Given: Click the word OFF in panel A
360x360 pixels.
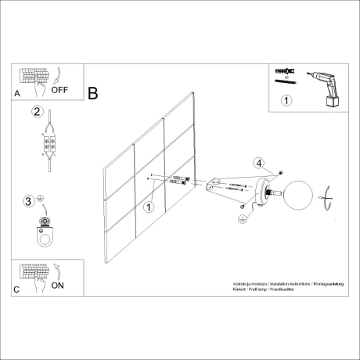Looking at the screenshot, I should (60, 90).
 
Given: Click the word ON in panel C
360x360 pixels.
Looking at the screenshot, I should (58, 286).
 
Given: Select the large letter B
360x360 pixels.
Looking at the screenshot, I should (93, 94).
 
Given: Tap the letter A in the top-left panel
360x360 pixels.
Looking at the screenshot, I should (17, 93).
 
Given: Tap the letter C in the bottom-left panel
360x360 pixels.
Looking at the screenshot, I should (17, 289).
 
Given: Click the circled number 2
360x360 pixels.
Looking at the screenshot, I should (36, 111).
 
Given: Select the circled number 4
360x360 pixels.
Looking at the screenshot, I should (257, 163).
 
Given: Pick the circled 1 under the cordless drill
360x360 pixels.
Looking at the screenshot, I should (286, 100).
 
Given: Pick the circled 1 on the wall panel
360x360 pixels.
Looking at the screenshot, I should (149, 207).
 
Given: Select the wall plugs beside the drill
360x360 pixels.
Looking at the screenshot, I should (284, 75).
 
